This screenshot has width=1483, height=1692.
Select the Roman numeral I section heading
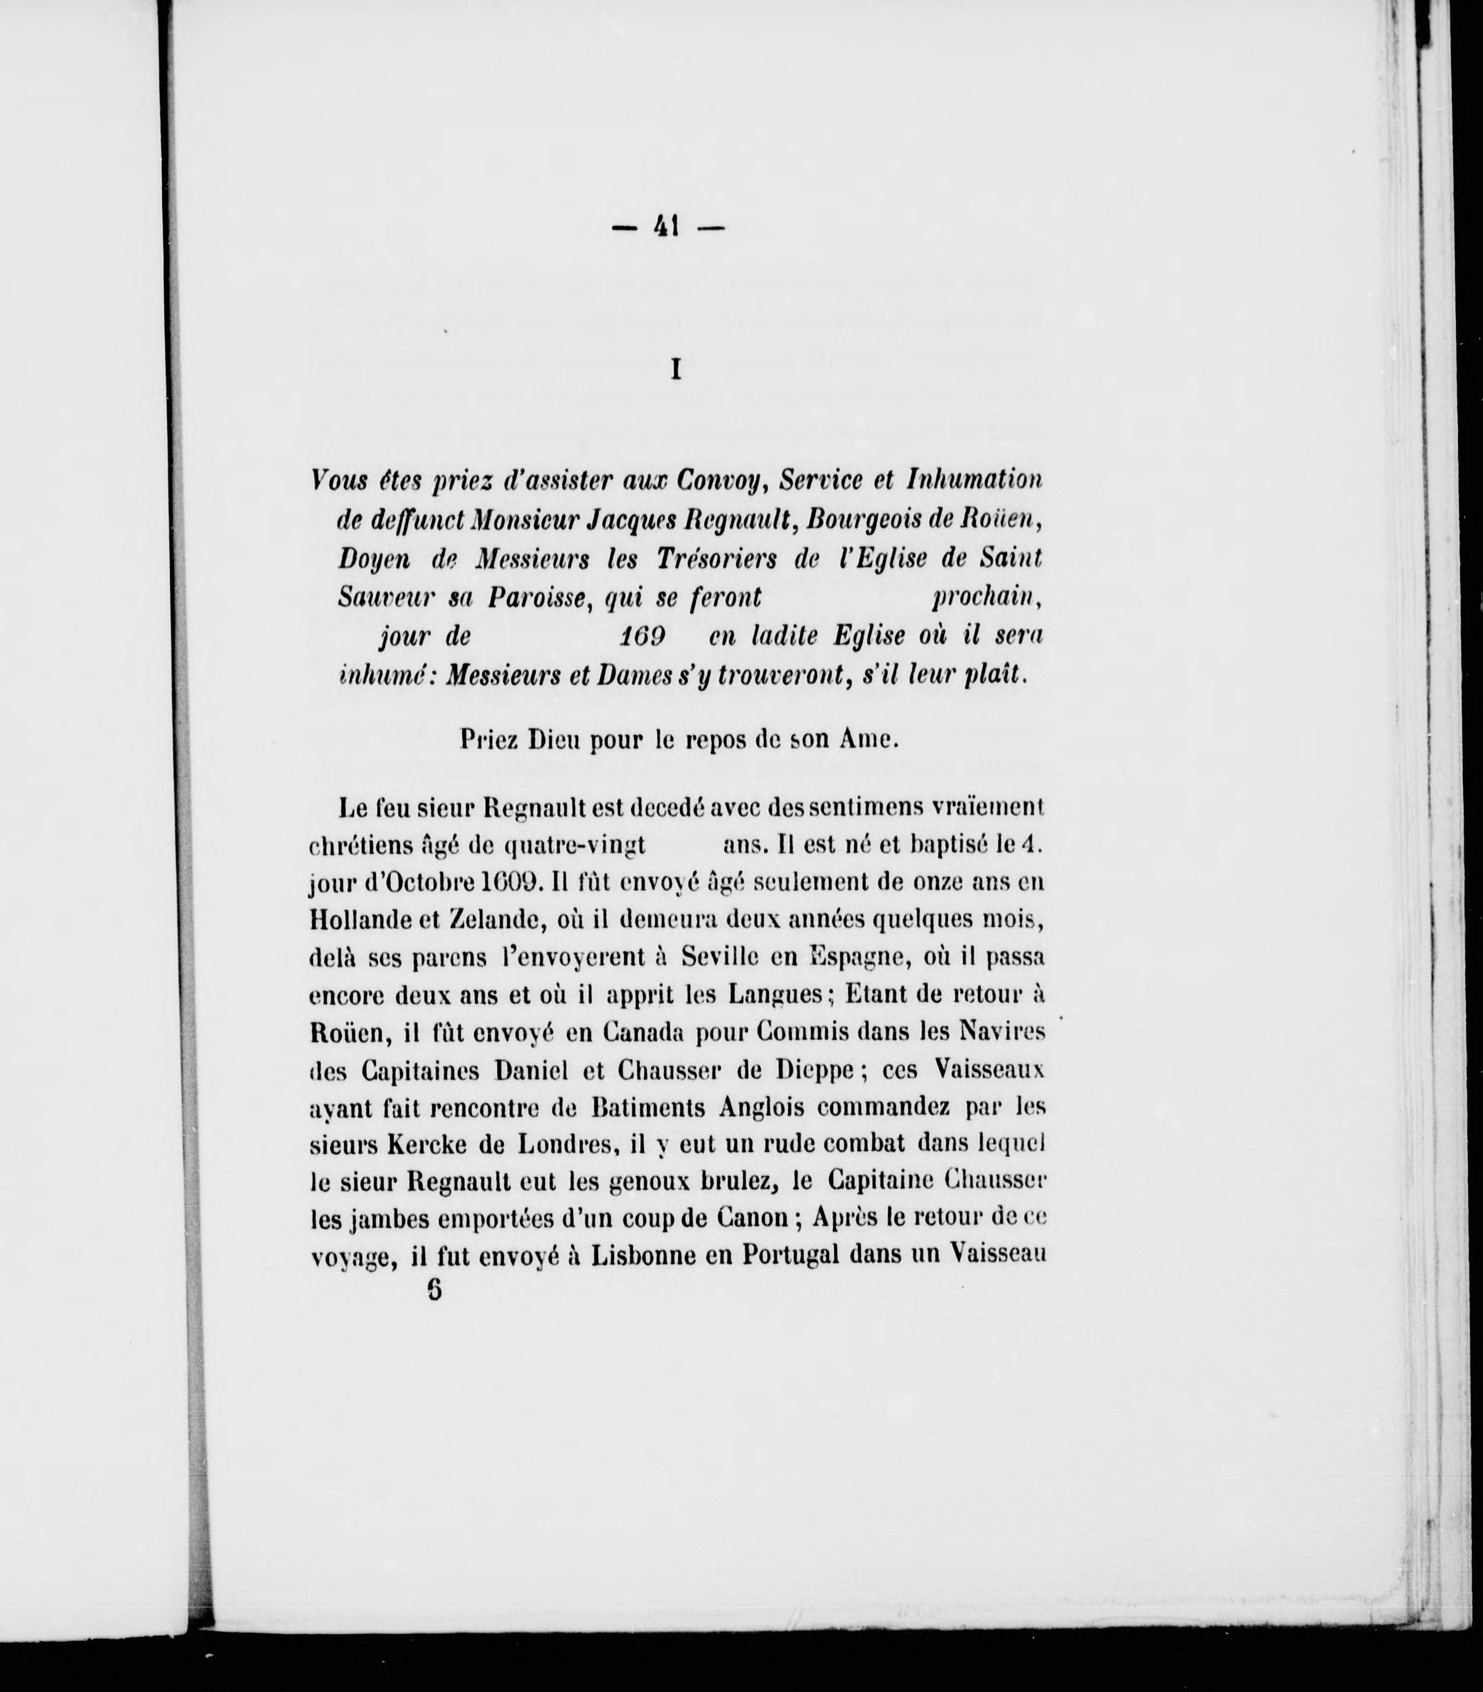pyautogui.click(x=675, y=371)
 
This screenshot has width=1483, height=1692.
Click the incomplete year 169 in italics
pyautogui.click(x=641, y=636)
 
